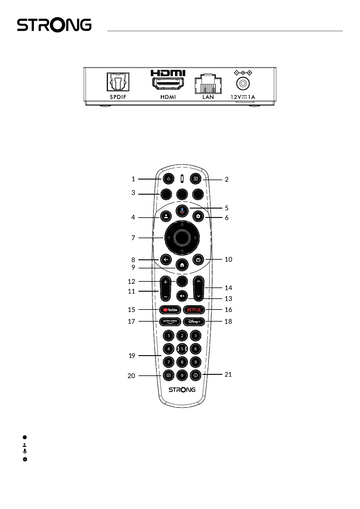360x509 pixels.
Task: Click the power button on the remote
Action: (168, 179)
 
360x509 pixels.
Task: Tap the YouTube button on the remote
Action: (170, 310)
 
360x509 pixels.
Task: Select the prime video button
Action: (170, 322)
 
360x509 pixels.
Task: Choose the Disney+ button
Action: (194, 322)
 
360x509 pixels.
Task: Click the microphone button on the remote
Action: (182, 210)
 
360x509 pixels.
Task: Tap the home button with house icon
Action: (182, 265)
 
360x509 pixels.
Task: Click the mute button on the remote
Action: (182, 296)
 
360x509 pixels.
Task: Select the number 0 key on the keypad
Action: (182, 375)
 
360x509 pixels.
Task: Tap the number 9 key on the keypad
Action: (196, 362)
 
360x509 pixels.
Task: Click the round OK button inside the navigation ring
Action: (182, 238)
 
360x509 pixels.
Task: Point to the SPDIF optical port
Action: (118, 82)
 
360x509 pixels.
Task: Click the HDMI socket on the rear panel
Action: (168, 83)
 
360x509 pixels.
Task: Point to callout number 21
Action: (228, 374)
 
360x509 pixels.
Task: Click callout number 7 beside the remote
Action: (133, 238)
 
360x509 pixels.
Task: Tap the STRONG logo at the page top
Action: (54, 25)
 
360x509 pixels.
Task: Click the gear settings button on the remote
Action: (198, 216)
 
